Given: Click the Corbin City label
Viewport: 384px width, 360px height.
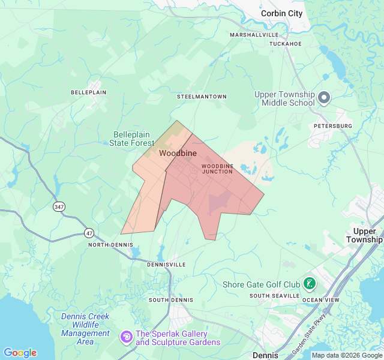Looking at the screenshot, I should pyautogui.click(x=281, y=13).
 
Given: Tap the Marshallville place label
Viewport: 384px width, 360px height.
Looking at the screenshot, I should pyautogui.click(x=254, y=35).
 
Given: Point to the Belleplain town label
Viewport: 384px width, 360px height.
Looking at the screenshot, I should pyautogui.click(x=88, y=92).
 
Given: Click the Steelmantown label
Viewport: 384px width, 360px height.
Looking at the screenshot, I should pyautogui.click(x=202, y=97).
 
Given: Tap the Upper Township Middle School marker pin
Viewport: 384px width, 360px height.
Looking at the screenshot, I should pyautogui.click(x=324, y=97).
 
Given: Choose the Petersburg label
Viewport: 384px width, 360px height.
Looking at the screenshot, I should pyautogui.click(x=333, y=126).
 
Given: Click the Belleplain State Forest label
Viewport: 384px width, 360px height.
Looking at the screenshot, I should pyautogui.click(x=133, y=139).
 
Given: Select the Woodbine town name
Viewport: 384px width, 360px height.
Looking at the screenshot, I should pyautogui.click(x=178, y=154).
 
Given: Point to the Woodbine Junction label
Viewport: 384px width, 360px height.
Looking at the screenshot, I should pyautogui.click(x=217, y=169).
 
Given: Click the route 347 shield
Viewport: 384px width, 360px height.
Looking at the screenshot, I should pyautogui.click(x=59, y=206).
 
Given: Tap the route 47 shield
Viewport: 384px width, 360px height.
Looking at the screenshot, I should pyautogui.click(x=89, y=232).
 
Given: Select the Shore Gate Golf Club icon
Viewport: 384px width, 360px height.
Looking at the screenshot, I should pyautogui.click(x=310, y=284).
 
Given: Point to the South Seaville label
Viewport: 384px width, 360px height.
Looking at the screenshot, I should pyautogui.click(x=275, y=296).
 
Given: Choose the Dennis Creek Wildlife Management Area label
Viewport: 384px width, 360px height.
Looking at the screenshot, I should pyautogui.click(x=85, y=329).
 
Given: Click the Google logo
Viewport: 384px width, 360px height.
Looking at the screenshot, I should pyautogui.click(x=20, y=353).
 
